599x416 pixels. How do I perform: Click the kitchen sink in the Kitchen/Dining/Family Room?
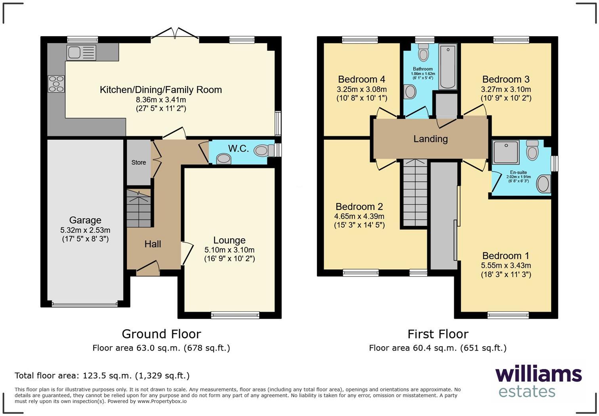(x=81, y=52)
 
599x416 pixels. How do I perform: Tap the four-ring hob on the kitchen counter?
(x=56, y=84)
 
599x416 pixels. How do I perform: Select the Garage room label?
(x=85, y=220)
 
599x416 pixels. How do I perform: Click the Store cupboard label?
(x=139, y=162)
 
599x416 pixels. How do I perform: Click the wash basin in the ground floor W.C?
(x=224, y=159)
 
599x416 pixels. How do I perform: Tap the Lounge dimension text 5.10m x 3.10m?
(x=229, y=250)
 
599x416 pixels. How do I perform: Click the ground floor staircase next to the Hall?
(x=139, y=208)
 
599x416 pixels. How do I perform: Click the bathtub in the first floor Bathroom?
(x=448, y=66)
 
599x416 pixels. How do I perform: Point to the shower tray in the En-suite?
(x=506, y=152)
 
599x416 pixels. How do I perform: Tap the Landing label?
(x=430, y=139)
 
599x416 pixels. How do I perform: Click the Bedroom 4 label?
(x=361, y=79)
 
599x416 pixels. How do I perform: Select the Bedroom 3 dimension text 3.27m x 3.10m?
(x=506, y=89)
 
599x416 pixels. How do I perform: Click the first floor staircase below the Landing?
(x=415, y=193)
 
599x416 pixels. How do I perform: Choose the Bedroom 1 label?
(x=506, y=256)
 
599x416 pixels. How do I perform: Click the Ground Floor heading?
(x=161, y=334)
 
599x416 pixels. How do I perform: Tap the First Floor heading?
(x=438, y=334)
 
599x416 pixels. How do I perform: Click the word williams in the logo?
(x=538, y=374)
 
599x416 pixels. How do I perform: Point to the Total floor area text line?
(x=102, y=376)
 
